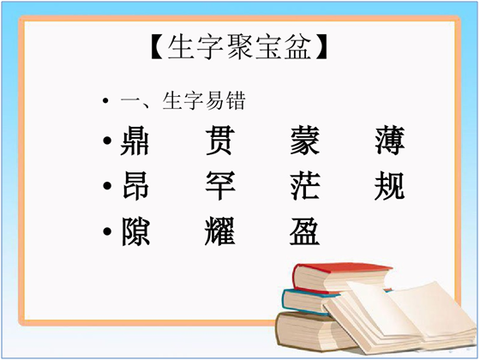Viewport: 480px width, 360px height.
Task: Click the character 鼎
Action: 135,141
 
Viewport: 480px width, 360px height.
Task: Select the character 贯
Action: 220,141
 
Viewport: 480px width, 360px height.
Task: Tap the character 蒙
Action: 305,141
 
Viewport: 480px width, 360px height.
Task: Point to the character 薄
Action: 390,141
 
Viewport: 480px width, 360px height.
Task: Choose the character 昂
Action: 135,186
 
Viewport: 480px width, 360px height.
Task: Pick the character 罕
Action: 220,186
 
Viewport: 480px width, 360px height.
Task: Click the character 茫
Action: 305,186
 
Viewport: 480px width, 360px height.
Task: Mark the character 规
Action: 390,186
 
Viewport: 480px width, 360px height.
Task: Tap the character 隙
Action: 135,231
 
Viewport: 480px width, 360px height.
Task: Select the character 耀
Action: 220,231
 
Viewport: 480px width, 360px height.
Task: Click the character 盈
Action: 305,231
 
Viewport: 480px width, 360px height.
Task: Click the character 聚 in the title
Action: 240,46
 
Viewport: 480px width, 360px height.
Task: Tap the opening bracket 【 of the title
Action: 158,46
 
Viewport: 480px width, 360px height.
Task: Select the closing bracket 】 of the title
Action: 321,46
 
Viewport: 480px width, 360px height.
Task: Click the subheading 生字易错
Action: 204,100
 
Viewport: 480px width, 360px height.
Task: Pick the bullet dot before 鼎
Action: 107,141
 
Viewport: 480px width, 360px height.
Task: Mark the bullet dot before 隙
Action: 107,231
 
